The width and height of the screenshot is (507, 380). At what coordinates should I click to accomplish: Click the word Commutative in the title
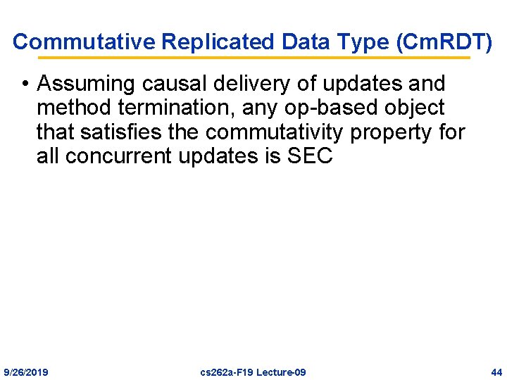(x=84, y=42)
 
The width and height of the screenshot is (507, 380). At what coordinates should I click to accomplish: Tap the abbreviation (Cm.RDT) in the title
(x=444, y=42)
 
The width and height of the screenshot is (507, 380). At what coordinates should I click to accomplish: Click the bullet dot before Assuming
(x=25, y=84)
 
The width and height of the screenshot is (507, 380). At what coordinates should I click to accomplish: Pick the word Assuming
(x=85, y=84)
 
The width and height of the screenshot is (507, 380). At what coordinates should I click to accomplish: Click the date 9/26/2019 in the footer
(x=26, y=372)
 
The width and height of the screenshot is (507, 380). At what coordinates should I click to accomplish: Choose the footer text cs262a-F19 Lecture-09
(x=253, y=372)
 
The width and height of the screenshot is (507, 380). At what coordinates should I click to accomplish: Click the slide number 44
(x=496, y=372)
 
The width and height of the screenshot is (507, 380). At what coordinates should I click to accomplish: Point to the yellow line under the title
(x=254, y=58)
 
